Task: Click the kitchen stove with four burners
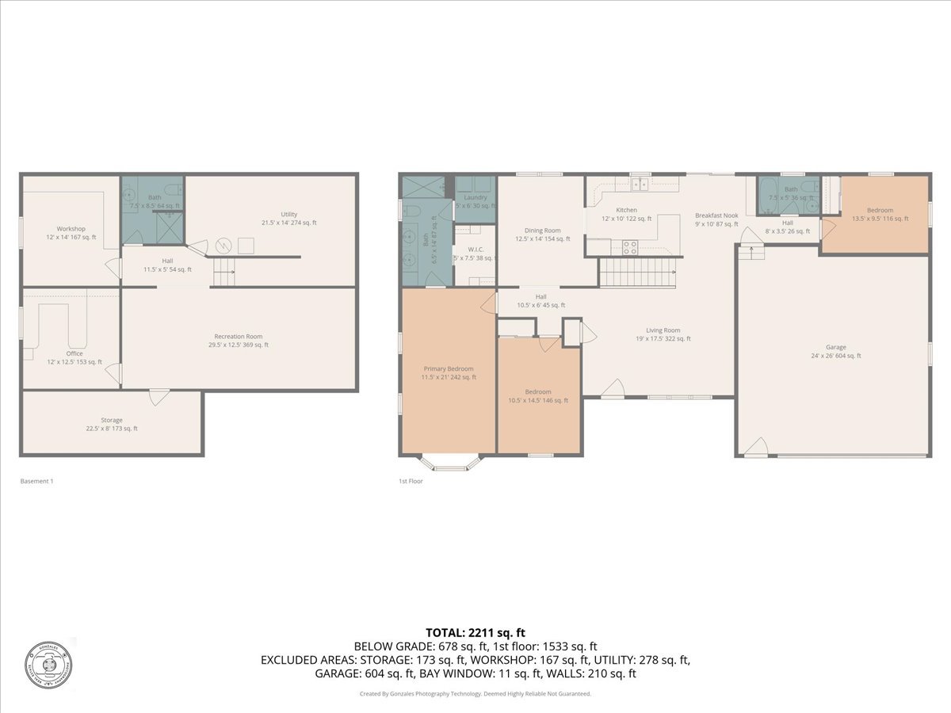coord(629,248)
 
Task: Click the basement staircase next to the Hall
coord(224,274)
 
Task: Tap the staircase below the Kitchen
coord(638,271)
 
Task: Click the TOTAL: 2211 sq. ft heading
coord(475,632)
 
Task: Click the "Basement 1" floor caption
coord(36,481)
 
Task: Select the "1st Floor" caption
coord(411,481)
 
